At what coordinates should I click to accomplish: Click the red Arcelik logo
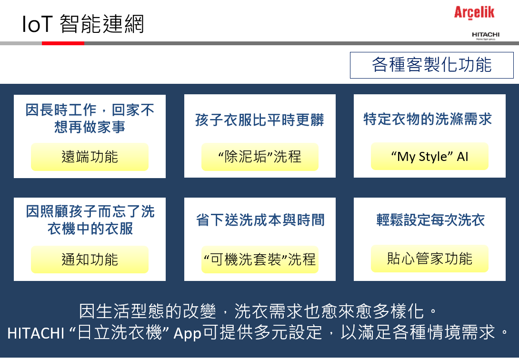tap(474, 12)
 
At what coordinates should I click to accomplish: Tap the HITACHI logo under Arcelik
tap(486, 36)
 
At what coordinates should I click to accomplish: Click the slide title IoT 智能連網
tap(83, 24)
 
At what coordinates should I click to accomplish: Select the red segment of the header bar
tap(63, 43)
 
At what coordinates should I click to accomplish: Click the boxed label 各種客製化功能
tap(431, 65)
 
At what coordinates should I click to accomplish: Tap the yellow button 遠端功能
tap(90, 157)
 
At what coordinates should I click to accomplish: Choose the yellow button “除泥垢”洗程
tap(260, 157)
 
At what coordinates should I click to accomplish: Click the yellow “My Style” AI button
tap(429, 156)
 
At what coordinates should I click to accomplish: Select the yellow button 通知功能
tap(90, 260)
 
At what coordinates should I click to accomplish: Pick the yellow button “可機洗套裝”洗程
tap(260, 260)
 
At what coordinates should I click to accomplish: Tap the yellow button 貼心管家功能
tap(429, 259)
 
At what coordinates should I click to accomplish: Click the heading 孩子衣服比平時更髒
tap(260, 120)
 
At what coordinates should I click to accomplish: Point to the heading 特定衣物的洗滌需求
tap(428, 119)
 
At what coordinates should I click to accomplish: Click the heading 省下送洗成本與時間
tap(260, 220)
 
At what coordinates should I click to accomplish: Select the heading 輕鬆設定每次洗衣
tap(430, 220)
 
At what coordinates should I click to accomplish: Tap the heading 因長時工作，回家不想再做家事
tap(90, 118)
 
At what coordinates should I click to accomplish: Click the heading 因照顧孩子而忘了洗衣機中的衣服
tap(90, 220)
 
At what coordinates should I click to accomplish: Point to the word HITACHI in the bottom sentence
tap(36, 333)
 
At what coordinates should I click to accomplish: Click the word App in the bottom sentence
tap(188, 333)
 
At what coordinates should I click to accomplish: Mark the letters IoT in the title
tap(38, 24)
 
